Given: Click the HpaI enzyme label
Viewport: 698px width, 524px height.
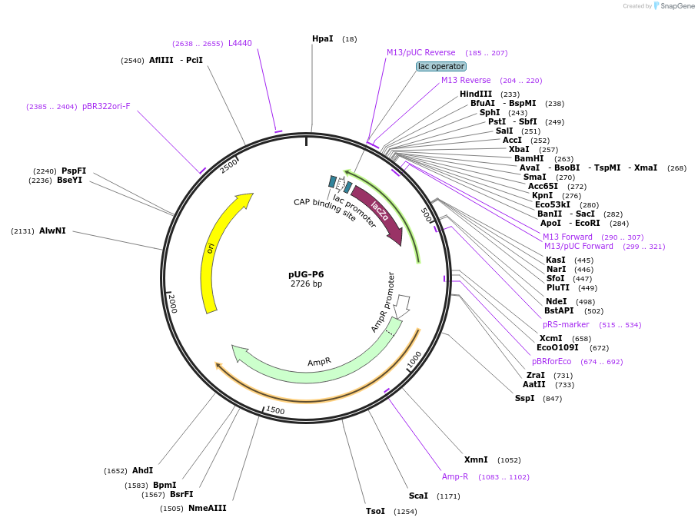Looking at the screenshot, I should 322,38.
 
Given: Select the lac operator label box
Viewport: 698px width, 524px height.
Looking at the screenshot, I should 441,66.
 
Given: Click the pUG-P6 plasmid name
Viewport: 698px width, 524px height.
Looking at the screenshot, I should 306,274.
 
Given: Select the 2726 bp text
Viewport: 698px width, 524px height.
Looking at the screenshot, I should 306,284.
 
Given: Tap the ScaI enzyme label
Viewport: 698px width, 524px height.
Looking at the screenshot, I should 418,496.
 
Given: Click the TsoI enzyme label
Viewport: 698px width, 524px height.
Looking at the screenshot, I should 375,511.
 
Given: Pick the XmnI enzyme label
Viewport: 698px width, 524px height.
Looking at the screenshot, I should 476,459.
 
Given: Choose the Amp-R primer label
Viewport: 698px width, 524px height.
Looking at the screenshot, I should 455,476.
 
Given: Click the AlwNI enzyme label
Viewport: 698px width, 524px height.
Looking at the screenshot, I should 52,230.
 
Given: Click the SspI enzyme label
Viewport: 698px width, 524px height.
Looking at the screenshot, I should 524,398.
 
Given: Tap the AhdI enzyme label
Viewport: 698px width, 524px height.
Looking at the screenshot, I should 142,470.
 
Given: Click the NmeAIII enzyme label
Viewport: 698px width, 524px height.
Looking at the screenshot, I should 207,508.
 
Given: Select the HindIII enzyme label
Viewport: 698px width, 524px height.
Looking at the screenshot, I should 476,94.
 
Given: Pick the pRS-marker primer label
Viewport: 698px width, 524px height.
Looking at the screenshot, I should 566,324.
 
